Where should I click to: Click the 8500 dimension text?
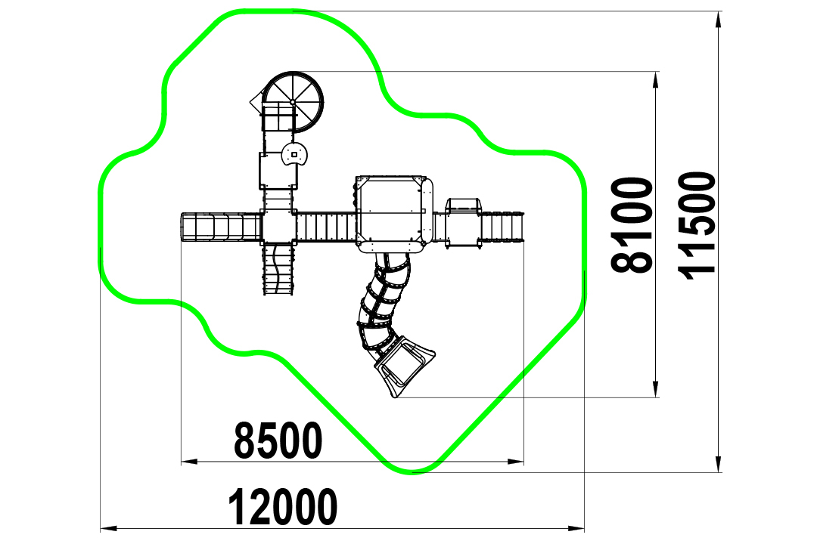click(x=278, y=440)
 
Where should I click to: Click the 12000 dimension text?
click(x=283, y=506)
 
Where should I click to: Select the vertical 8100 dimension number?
click(x=632, y=225)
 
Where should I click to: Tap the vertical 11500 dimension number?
click(x=697, y=226)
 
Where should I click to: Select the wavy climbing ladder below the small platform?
click(x=278, y=270)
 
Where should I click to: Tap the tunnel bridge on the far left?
click(x=220, y=227)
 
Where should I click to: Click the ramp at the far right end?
click(x=502, y=227)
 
